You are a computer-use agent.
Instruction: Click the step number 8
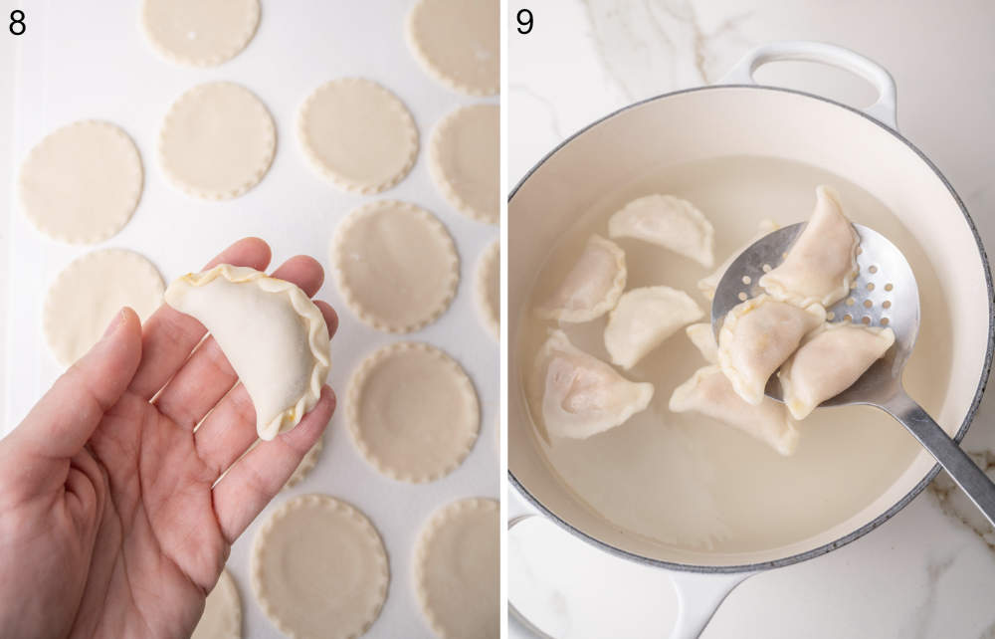17,21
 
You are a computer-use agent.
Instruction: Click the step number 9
524,21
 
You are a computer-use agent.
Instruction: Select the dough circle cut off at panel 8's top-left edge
200,26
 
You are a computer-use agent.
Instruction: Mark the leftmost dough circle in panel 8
81,180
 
